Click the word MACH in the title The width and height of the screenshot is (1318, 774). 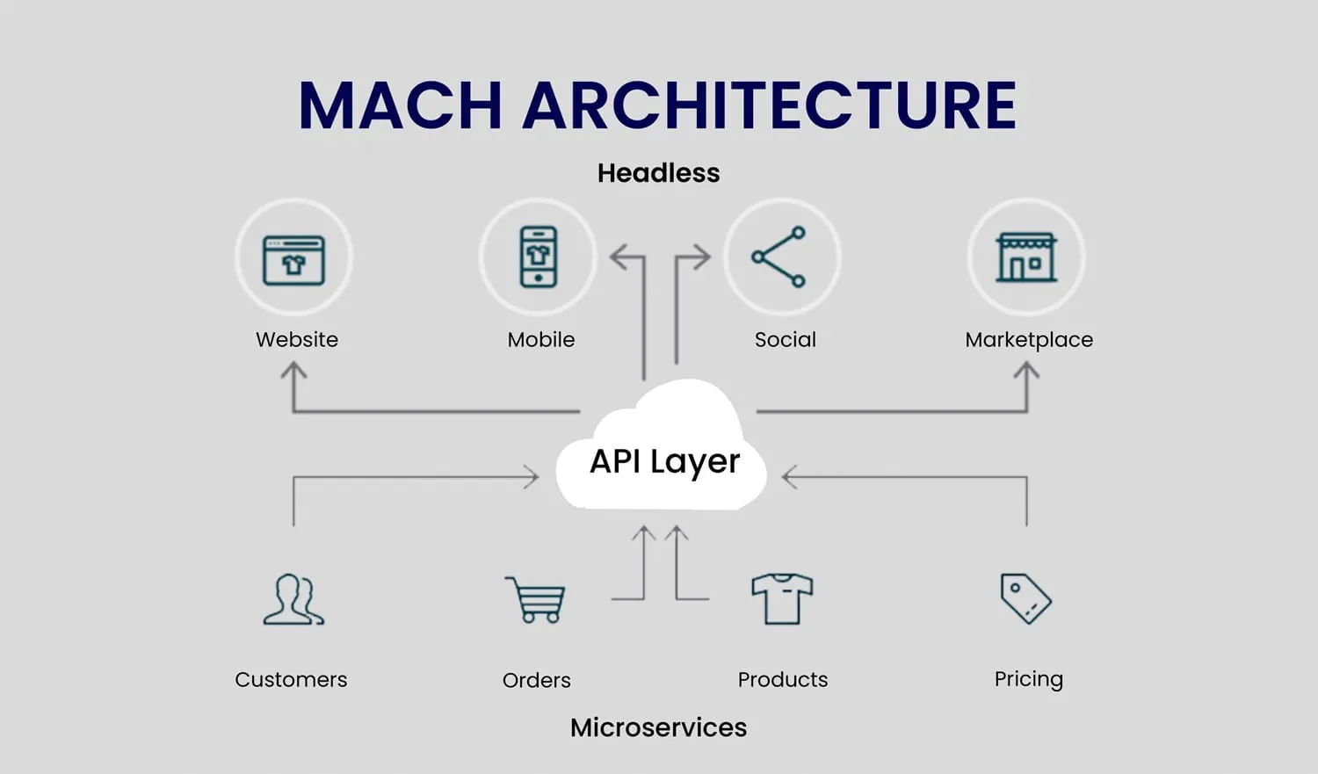pos(400,105)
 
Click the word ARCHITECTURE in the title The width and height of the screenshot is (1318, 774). pos(770,105)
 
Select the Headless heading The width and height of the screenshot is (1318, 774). pos(658,173)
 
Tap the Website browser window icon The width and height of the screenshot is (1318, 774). pos(293,259)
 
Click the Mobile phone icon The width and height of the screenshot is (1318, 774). pos(538,257)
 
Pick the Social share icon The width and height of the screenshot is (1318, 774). pos(779,257)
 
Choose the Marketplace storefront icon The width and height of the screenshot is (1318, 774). pos(1025,257)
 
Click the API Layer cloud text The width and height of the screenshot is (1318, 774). pos(664,461)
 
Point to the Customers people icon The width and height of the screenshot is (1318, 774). pos(293,599)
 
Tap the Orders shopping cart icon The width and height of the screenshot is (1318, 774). pos(535,599)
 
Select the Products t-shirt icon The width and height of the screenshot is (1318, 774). pos(782,599)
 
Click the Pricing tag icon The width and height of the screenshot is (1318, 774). pos(1025,598)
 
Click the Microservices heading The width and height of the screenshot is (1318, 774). pos(658,727)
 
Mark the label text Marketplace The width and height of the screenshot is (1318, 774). pos(1029,340)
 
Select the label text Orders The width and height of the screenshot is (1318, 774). pos(536,680)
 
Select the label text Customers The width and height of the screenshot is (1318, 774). pos(291,679)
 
